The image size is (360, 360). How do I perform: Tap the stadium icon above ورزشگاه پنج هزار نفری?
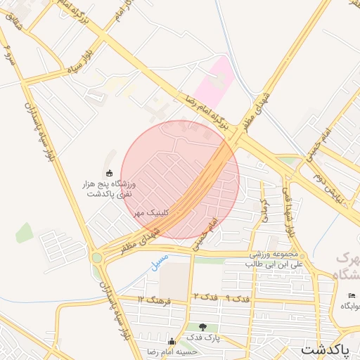pyautogui.click(x=108, y=173)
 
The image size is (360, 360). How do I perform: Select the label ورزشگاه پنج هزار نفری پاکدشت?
pyautogui.click(x=109, y=188)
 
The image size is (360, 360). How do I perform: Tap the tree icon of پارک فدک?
pyautogui.click(x=203, y=327)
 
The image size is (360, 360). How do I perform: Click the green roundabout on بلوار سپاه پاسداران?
pyautogui.click(x=96, y=258)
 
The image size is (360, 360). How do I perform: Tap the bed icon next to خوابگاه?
pyautogui.click(x=352, y=295)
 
